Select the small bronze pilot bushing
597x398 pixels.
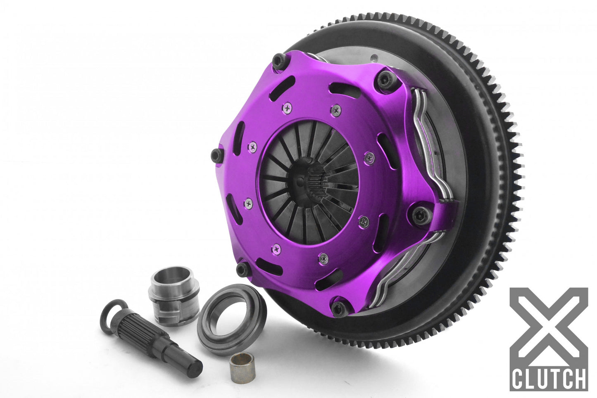[x=238, y=366]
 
